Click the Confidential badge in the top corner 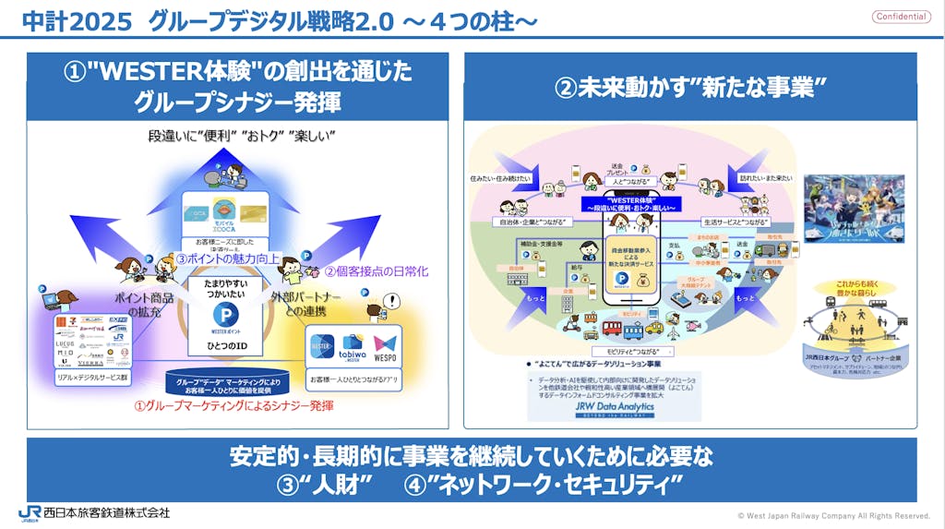(902, 17)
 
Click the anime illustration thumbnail (854, 209)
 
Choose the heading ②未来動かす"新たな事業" (690, 88)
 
